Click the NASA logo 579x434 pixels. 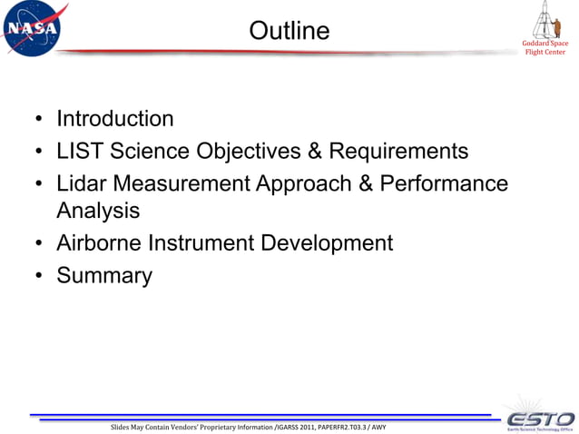coord(33,29)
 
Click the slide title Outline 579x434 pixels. coord(289,31)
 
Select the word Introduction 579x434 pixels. coord(114,119)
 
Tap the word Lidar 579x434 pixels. coord(83,182)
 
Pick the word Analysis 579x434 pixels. coord(98,212)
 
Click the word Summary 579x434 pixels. coord(103,275)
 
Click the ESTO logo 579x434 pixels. coord(539,417)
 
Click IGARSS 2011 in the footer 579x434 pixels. coord(313,426)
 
